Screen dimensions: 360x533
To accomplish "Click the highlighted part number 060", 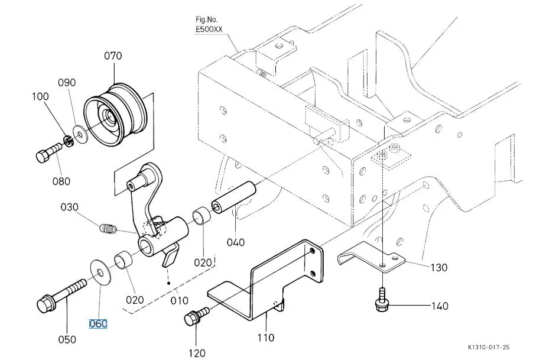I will pos(98,324).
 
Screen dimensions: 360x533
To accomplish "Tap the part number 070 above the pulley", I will pos(113,56).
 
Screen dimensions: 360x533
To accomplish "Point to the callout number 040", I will pos(235,241).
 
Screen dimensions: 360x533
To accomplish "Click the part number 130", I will pos(438,267).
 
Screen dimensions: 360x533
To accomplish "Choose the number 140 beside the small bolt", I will pos(440,306).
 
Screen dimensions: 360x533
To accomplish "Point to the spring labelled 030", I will pos(108,226).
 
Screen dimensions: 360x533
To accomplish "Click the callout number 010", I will pos(180,301).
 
